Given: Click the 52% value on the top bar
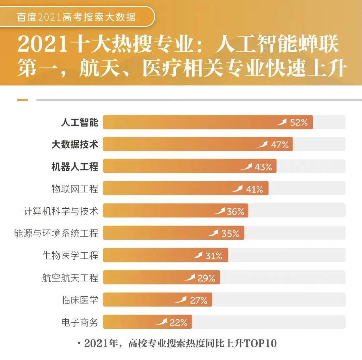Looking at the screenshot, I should [x=299, y=122].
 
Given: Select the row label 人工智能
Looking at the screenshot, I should [x=80, y=122].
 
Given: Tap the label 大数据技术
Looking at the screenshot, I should [x=74, y=145].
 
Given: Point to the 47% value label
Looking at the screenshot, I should [x=280, y=145].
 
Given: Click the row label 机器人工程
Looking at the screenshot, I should [x=74, y=167].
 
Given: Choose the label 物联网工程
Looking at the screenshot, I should [x=74, y=189].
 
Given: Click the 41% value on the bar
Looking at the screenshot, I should [x=255, y=189].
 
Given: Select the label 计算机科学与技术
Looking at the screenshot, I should [x=61, y=211].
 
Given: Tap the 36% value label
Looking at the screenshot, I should [x=236, y=212].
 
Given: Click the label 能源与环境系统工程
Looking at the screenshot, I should [x=56, y=233].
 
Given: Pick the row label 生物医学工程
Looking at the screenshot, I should [x=70, y=256].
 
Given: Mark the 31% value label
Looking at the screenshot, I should [x=214, y=256].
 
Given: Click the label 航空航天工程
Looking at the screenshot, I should [x=70, y=278].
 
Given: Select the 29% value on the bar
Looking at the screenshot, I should [x=206, y=278].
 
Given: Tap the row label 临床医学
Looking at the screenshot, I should [x=80, y=300].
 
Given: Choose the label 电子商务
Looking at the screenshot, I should [x=80, y=322].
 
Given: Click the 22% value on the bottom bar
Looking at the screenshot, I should [x=178, y=323].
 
